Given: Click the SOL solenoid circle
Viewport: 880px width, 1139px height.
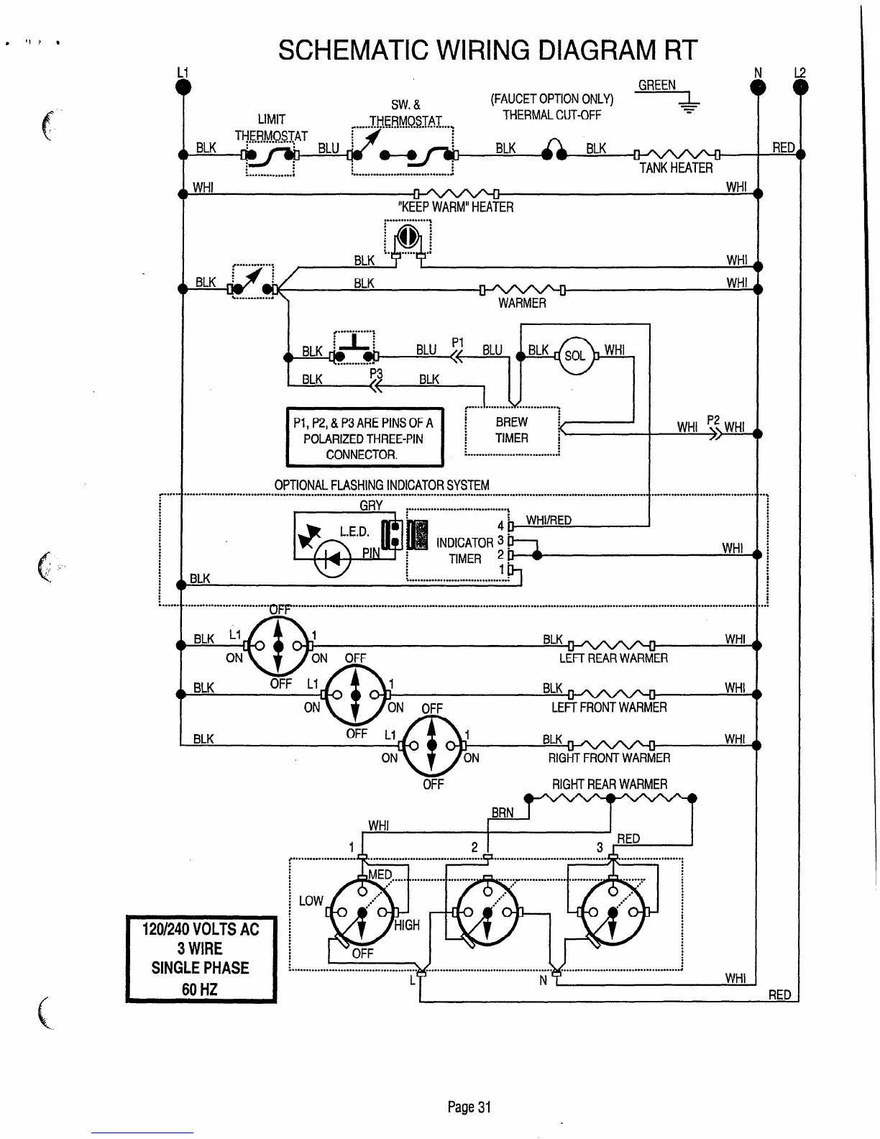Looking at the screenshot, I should tap(574, 356).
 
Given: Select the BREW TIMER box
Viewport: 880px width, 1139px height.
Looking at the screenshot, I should tap(512, 431).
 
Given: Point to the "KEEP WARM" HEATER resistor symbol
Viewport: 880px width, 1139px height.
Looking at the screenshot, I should tap(457, 193).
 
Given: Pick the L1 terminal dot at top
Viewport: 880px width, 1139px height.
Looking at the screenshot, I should tap(183, 88).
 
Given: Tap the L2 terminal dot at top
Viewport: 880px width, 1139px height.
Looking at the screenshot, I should tap(800, 88).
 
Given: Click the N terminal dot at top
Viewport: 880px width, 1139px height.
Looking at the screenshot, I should tap(758, 88).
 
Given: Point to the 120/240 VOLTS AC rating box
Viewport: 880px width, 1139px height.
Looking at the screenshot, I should tap(201, 959).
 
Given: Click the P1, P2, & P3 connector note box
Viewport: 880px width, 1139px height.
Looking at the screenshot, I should tap(365, 438).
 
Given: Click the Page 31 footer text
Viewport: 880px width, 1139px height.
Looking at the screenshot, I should tap(469, 1107).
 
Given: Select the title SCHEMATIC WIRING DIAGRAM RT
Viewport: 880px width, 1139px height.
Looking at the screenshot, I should tap(487, 50).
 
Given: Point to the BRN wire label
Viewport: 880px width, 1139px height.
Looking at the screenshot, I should tap(503, 813).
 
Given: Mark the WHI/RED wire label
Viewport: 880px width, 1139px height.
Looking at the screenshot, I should tap(549, 520).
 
